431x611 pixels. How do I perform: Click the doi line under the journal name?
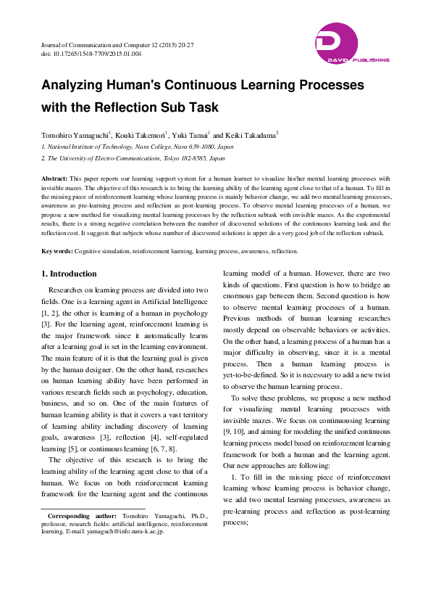(91, 54)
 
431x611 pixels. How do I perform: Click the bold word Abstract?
(55, 178)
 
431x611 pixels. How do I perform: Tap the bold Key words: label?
(57, 251)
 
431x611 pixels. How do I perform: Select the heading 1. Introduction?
(70, 274)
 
